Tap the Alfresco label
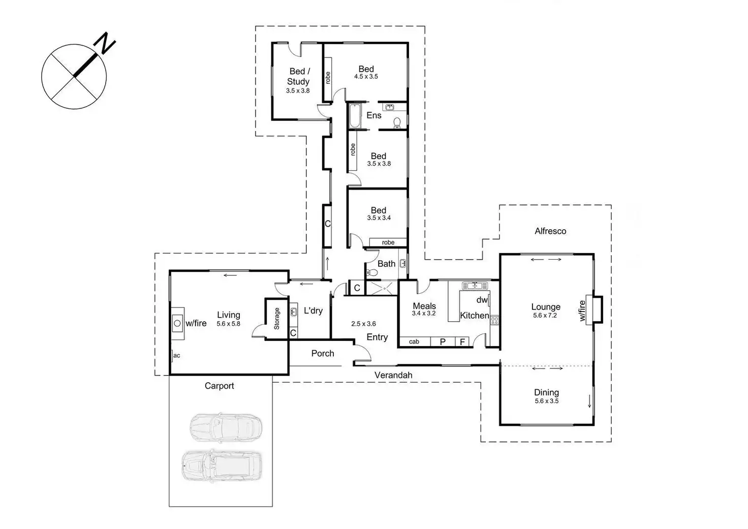pos(550,231)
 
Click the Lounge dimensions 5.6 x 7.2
pos(545,316)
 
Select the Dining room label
pos(546,392)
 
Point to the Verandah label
pos(393,375)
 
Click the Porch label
pos(323,353)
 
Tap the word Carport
pos(219,386)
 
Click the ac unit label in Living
pos(176,355)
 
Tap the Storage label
pos(277,319)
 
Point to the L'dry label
pos(313,310)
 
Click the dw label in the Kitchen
pos(482,300)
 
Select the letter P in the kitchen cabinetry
pos(443,342)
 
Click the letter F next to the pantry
pos(462,342)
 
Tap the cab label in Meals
pos(414,341)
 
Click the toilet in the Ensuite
pos(397,122)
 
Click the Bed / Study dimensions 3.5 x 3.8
pos(298,91)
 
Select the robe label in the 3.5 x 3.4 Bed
pos(388,242)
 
